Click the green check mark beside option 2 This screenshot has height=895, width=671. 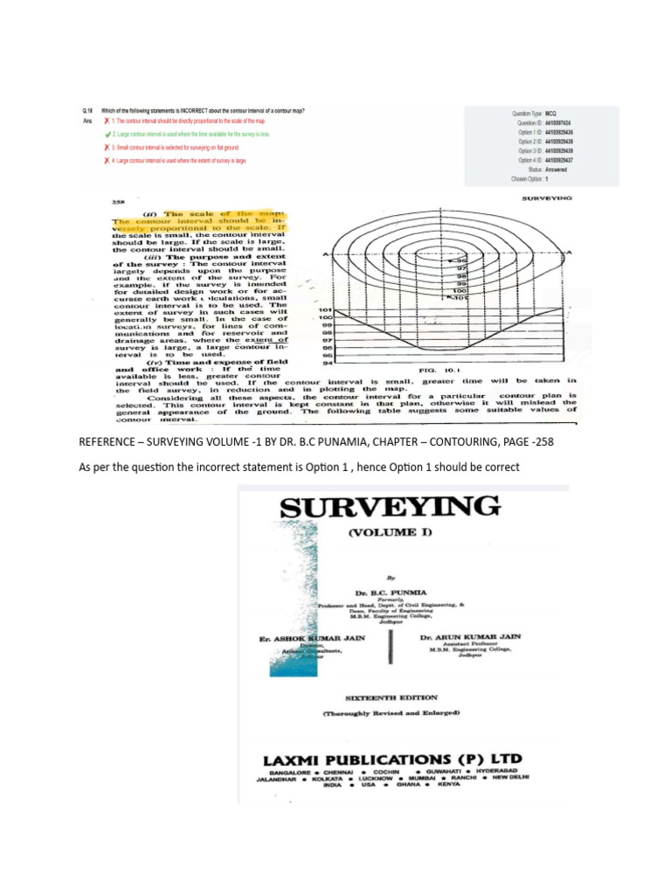tap(107, 135)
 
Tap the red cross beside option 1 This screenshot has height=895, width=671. tap(107, 122)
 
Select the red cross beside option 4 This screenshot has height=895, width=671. tap(107, 162)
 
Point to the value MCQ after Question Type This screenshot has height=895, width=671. tap(551, 114)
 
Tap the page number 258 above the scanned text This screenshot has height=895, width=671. tap(117, 204)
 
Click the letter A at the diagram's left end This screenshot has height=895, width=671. tap(325, 253)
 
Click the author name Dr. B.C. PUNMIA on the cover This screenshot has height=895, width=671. tap(405, 592)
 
